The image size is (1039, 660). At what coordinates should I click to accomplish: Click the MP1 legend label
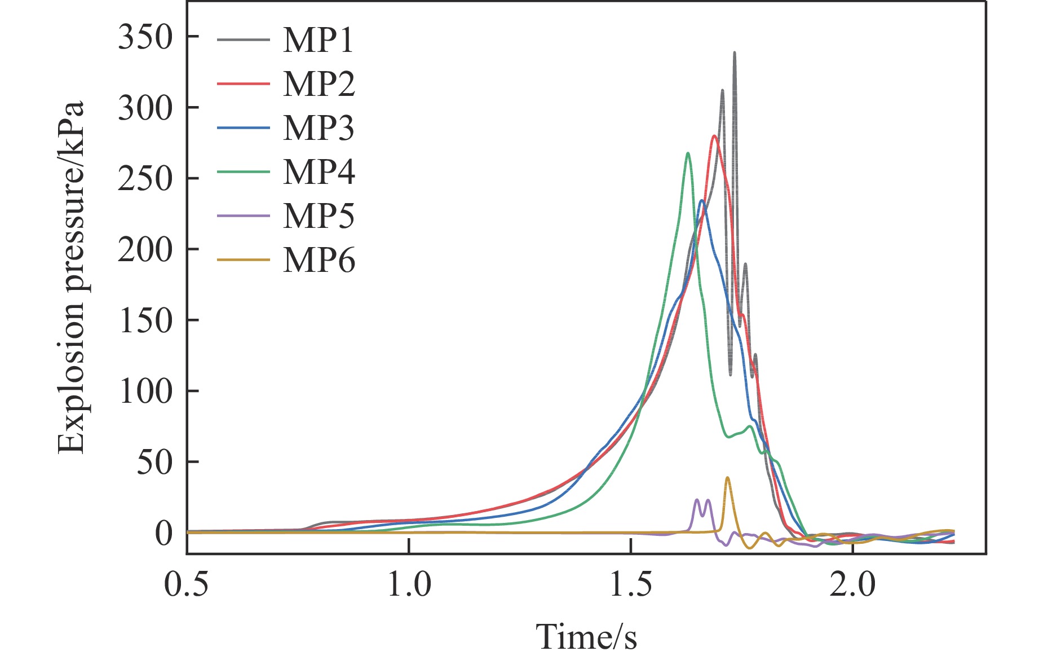[x=319, y=40]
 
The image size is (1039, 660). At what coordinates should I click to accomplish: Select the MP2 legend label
[x=319, y=84]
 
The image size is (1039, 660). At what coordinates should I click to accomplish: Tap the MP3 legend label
[x=319, y=128]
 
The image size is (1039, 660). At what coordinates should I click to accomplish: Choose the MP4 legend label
[x=319, y=172]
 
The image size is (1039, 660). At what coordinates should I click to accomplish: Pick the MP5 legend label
[x=319, y=216]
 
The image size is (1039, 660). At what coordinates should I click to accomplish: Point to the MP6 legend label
[x=319, y=260]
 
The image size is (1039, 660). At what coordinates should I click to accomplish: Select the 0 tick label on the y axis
[x=163, y=533]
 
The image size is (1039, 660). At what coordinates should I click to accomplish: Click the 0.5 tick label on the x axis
[x=187, y=584]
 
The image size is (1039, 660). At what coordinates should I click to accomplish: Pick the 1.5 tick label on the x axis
[x=631, y=584]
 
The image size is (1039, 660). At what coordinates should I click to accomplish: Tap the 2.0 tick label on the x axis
[x=853, y=584]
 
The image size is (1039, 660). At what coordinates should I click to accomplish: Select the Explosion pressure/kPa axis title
[x=72, y=278]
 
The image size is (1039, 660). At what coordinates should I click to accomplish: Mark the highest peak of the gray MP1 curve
[x=734, y=52]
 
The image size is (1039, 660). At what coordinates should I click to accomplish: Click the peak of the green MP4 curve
[x=688, y=153]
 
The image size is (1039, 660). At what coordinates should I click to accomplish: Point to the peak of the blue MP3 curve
[x=702, y=200]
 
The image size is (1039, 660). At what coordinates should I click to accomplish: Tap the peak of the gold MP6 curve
[x=727, y=478]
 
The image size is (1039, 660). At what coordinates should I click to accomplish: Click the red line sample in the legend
[x=244, y=84]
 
